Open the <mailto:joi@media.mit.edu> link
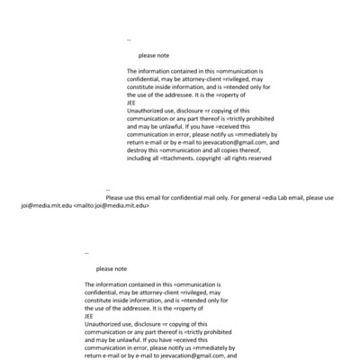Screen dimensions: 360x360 [x=110, y=205]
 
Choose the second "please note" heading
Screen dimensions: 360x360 [x=112, y=269]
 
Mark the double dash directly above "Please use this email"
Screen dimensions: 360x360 [x=107, y=191]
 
